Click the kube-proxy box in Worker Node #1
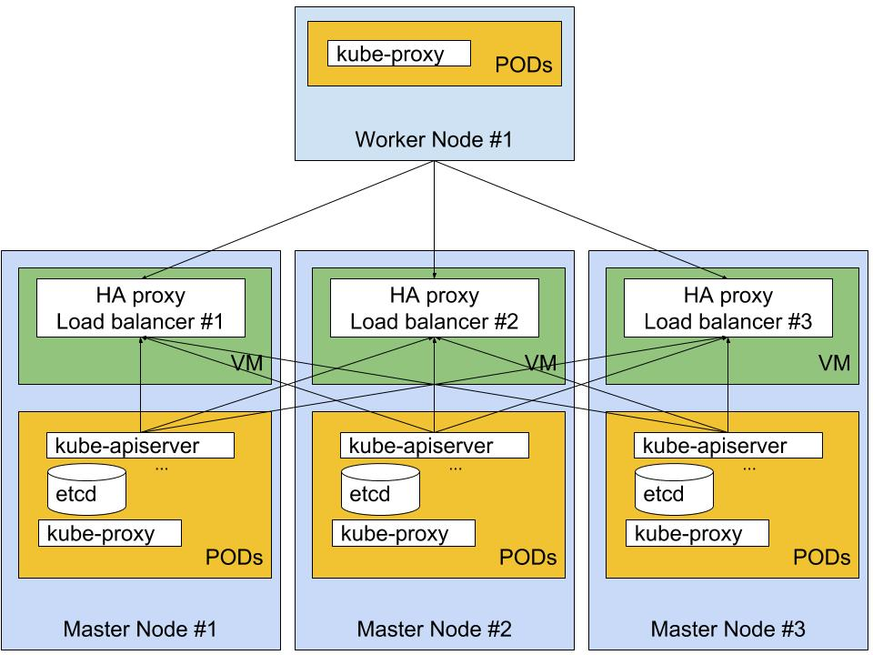(x=399, y=54)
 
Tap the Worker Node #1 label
(x=434, y=139)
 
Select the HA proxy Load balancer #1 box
(x=141, y=308)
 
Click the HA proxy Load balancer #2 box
(x=435, y=308)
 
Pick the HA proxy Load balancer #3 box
(x=728, y=308)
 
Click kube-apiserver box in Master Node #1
(x=140, y=446)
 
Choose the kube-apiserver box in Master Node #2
(x=435, y=446)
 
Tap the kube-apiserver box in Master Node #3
(x=728, y=446)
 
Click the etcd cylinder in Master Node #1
(x=87, y=489)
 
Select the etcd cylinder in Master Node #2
(x=380, y=489)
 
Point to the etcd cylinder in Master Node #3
(x=674, y=489)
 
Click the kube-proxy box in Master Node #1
(x=110, y=534)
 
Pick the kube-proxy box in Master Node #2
(x=404, y=534)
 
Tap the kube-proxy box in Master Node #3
(x=697, y=534)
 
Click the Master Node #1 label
(x=140, y=630)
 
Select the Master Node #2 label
(x=435, y=630)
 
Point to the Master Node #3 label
(x=728, y=630)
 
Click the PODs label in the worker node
(x=524, y=65)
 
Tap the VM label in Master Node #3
(x=834, y=364)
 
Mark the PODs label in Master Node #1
(x=235, y=558)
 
